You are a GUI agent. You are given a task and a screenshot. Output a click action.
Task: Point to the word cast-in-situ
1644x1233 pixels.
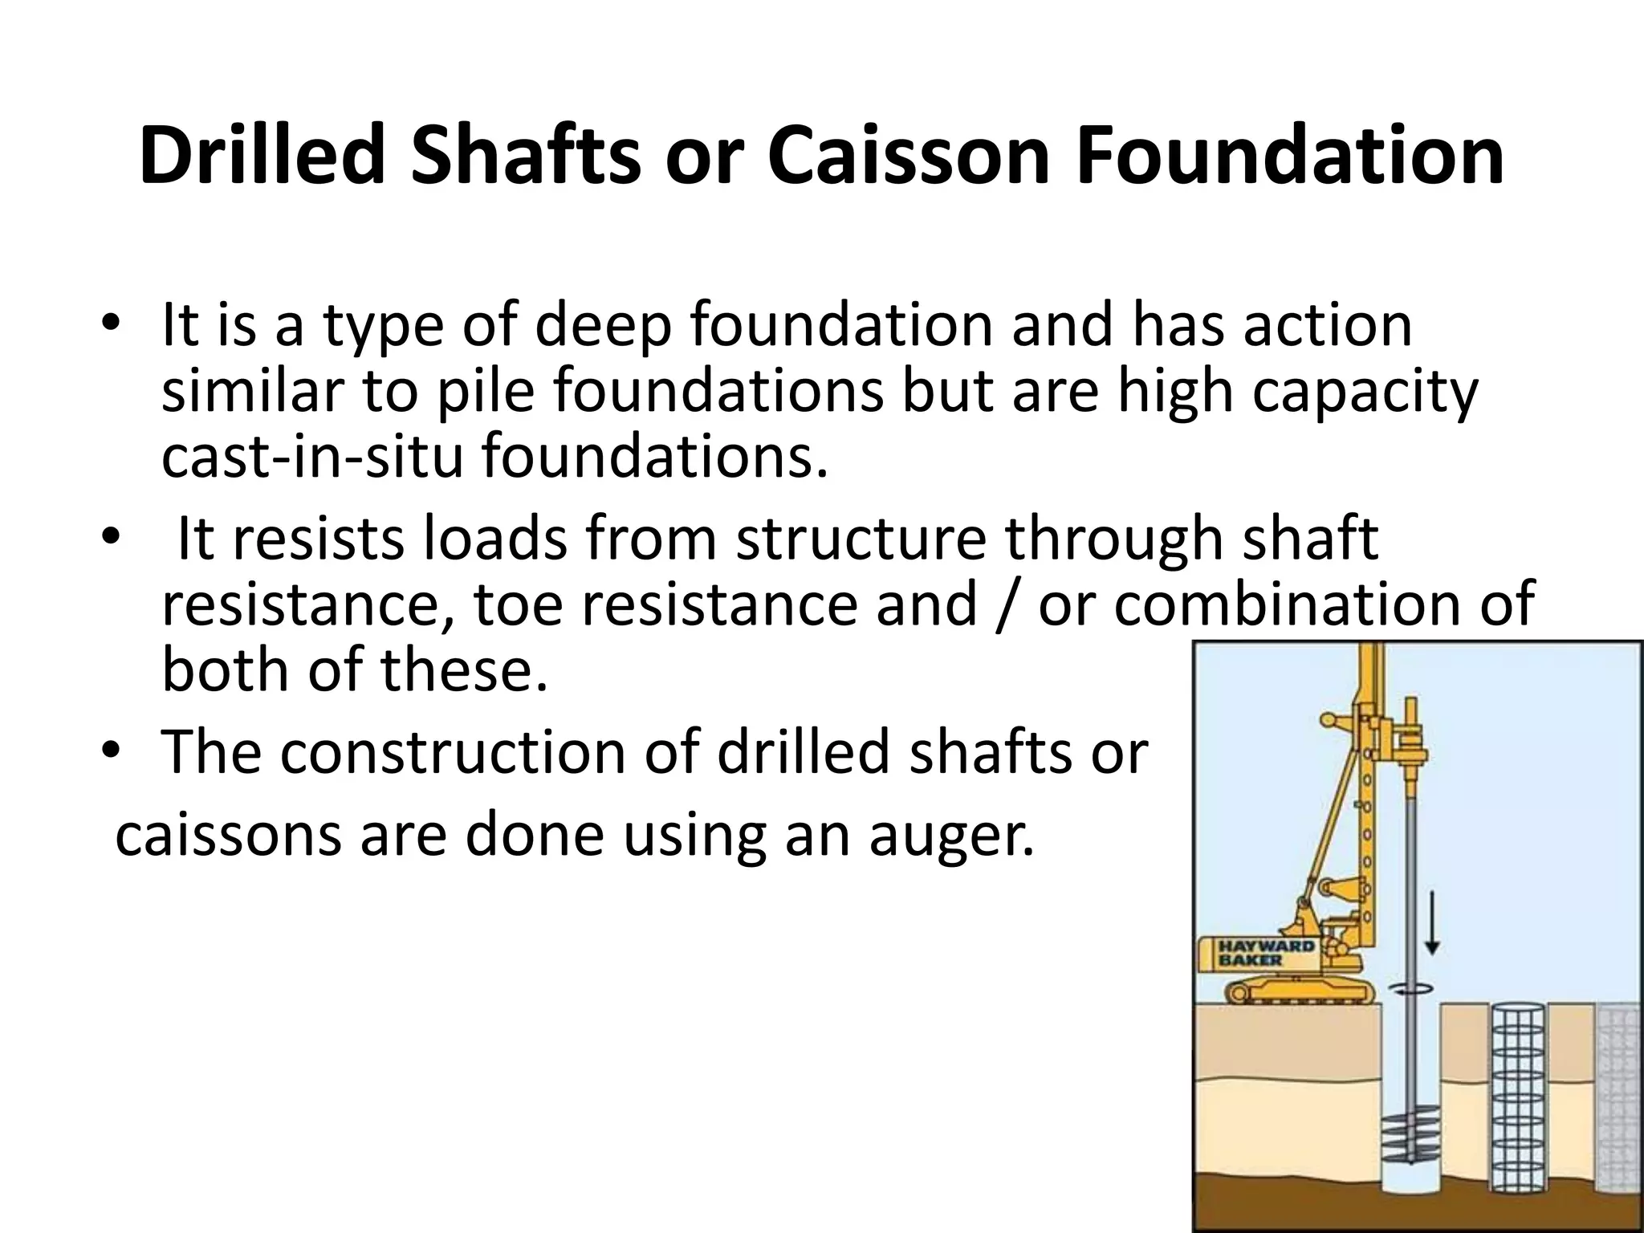point(312,456)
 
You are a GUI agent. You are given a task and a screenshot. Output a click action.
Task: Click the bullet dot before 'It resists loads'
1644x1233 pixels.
point(110,538)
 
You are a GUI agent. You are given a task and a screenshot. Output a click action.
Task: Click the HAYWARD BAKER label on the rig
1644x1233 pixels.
point(1267,953)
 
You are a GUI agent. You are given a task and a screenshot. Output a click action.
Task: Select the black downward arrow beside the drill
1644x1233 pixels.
point(1430,922)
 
